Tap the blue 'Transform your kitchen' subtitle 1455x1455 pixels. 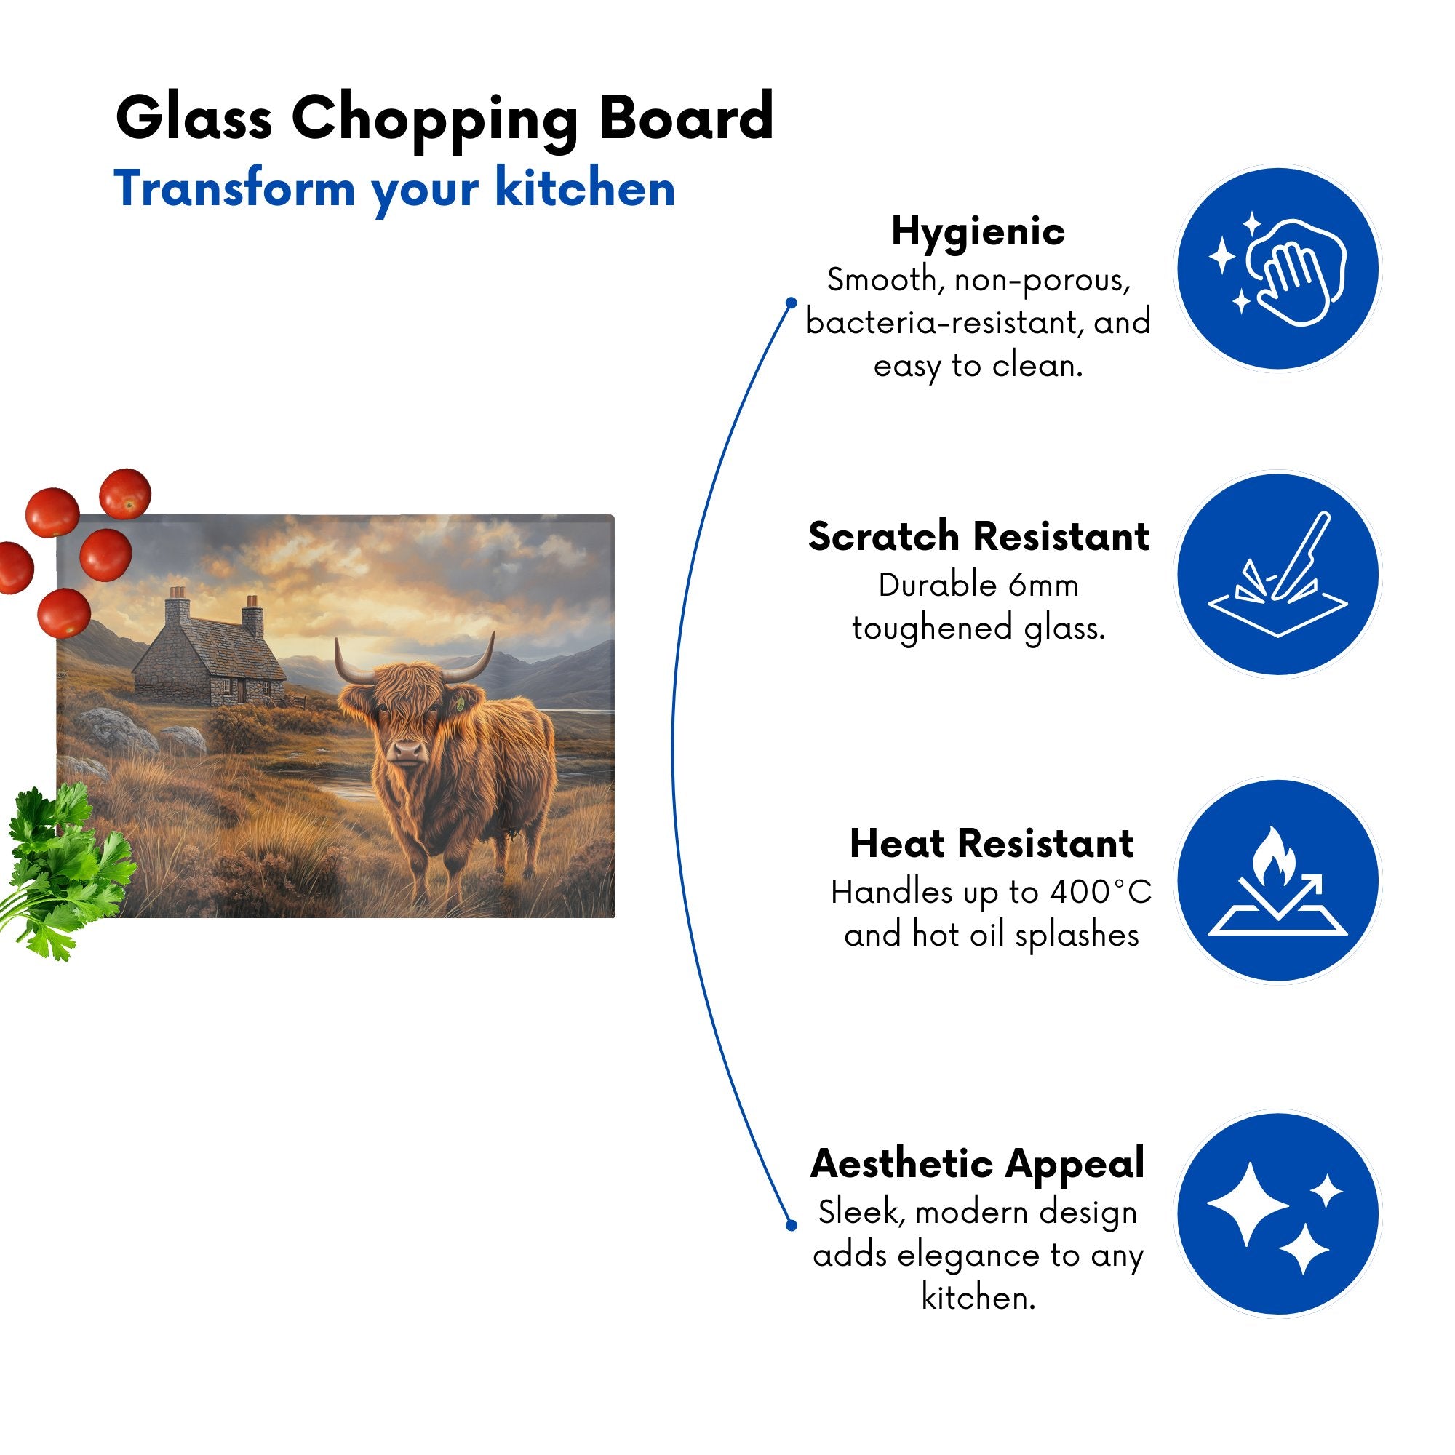pos(394,188)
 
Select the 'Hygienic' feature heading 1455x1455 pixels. pos(978,231)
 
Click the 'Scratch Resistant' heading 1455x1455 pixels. pos(978,536)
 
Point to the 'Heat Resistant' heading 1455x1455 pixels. pos(991,843)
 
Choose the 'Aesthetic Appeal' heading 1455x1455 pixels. pos(978,1163)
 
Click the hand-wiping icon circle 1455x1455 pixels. pos(1278,269)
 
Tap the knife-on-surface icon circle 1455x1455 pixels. pos(1278,575)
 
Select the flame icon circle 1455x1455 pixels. pos(1278,880)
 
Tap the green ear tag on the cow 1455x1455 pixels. pos(459,706)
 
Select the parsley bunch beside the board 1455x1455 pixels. pos(64,870)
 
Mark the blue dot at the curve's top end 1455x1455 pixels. pos(791,303)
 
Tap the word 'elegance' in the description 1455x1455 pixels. pos(971,1256)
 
